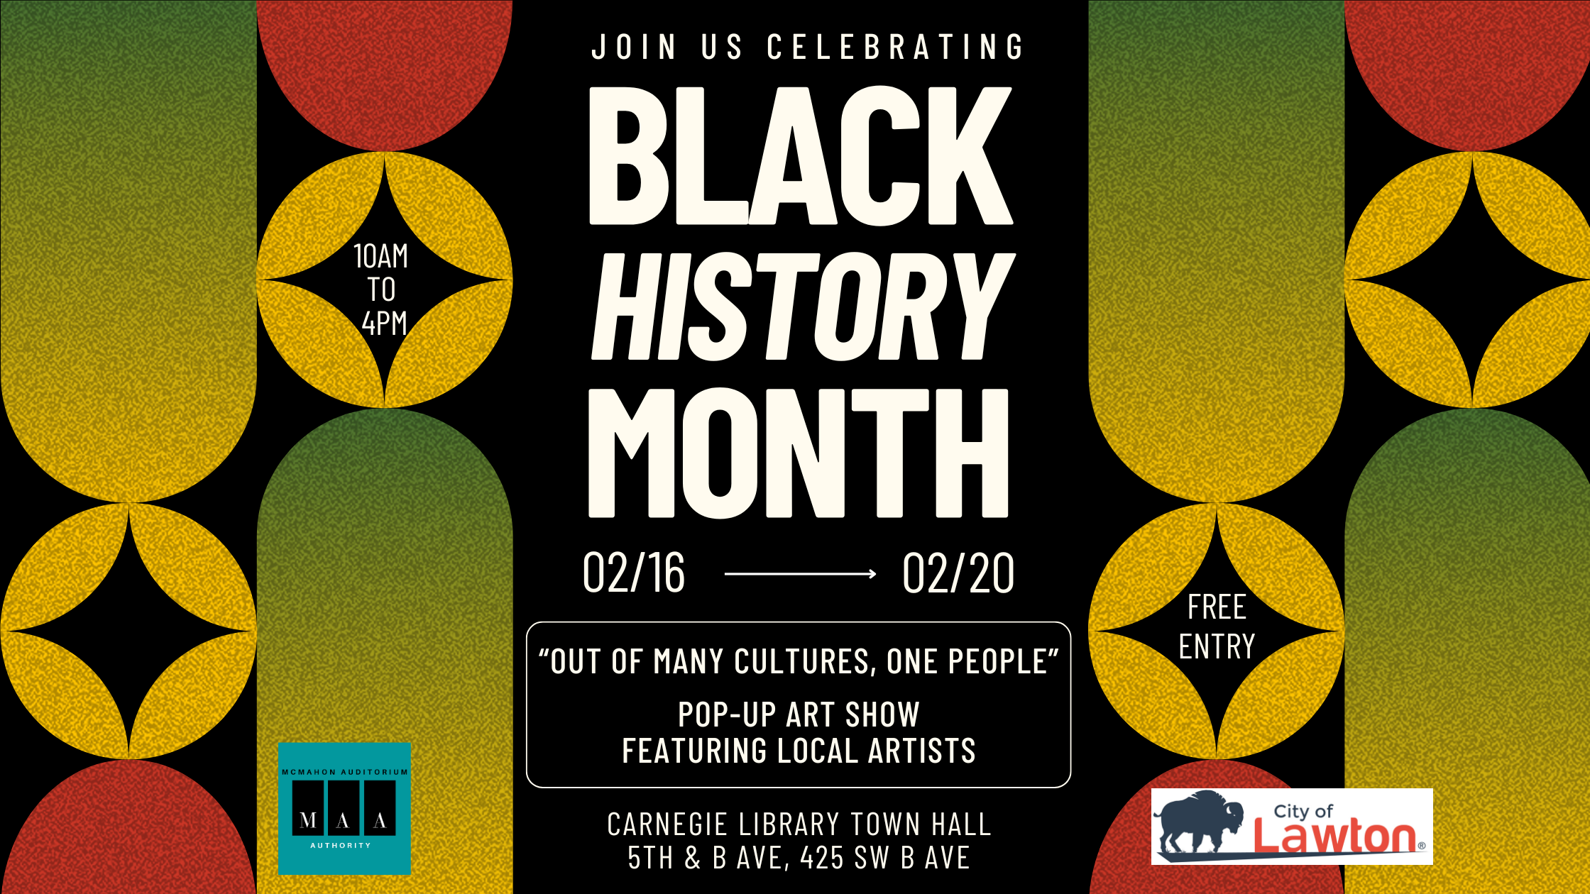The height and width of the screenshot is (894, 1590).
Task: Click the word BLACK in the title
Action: [x=801, y=156]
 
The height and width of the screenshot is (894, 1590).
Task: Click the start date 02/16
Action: [x=633, y=573]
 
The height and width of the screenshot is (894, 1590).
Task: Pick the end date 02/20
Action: [x=958, y=573]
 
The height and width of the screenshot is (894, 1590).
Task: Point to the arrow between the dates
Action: [x=800, y=573]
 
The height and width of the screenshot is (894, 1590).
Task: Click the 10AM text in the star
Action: [x=381, y=256]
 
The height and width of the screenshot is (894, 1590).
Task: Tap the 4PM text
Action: [x=384, y=324]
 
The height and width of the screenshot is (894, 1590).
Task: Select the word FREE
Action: [x=1217, y=607]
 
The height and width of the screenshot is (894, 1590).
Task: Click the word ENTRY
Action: [x=1217, y=646]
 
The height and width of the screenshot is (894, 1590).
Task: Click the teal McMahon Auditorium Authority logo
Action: [x=344, y=808]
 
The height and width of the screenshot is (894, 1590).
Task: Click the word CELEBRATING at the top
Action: [x=895, y=47]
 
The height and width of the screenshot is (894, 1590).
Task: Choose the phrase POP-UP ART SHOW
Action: [x=799, y=714]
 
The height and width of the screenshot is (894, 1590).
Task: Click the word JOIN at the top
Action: [x=634, y=47]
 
